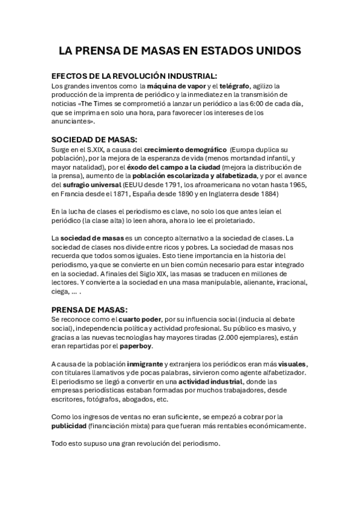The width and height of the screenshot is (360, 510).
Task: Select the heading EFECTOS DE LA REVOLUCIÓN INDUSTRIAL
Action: tap(134, 76)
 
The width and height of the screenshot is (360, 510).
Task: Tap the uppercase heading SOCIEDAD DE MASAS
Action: tap(95, 138)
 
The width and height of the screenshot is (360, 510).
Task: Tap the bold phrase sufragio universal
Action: tap(90, 185)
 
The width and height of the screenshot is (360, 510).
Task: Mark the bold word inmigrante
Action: tap(147, 364)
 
